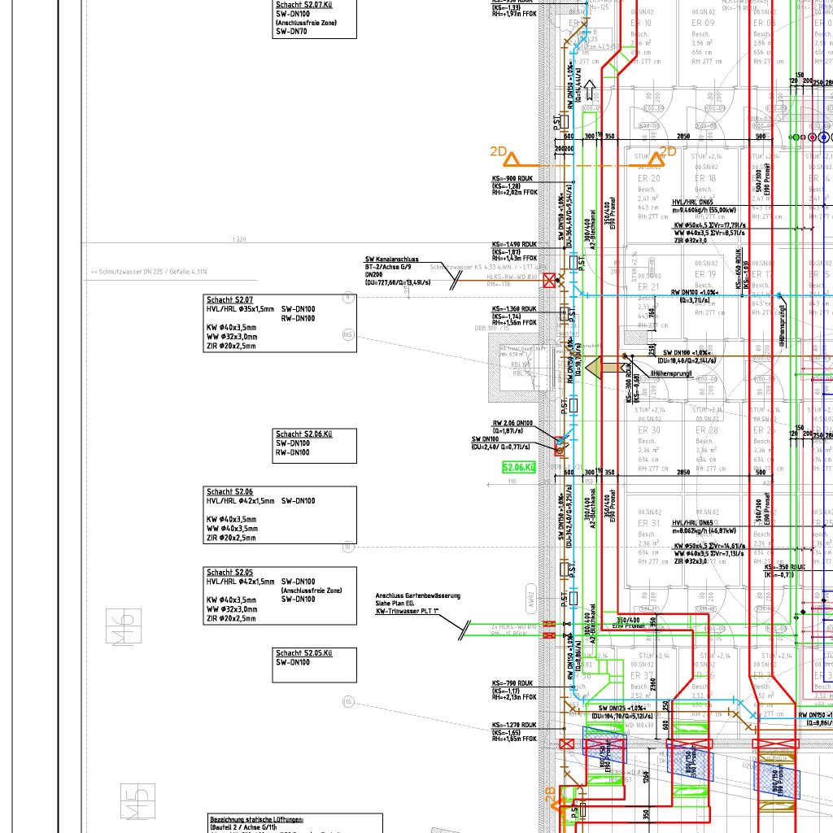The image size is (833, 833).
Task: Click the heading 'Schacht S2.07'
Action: pyautogui.click(x=230, y=300)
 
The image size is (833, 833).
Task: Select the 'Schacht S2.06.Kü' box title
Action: pyautogui.click(x=303, y=434)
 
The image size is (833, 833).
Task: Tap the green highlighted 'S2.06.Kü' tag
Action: pyautogui.click(x=519, y=468)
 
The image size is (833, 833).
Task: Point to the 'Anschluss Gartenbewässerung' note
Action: pyautogui.click(x=417, y=595)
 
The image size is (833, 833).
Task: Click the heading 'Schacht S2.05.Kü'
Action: pyautogui.click(x=303, y=653)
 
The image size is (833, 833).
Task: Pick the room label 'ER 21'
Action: pyautogui.click(x=649, y=287)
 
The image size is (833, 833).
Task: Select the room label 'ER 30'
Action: pyautogui.click(x=649, y=430)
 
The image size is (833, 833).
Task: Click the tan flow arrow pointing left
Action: pyautogui.click(x=602, y=367)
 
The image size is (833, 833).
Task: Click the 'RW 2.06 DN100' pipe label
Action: pyautogui.click(x=512, y=423)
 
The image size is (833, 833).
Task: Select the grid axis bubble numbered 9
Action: pyautogui.click(x=348, y=299)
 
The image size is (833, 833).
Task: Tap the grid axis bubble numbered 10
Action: pyautogui.click(x=348, y=547)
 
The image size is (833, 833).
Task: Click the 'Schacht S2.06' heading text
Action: pyautogui.click(x=229, y=492)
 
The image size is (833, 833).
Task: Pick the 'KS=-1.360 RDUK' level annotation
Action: pyautogui.click(x=514, y=309)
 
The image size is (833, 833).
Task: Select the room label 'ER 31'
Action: pyautogui.click(x=649, y=523)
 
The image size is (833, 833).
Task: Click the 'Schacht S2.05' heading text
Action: pyautogui.click(x=229, y=573)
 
